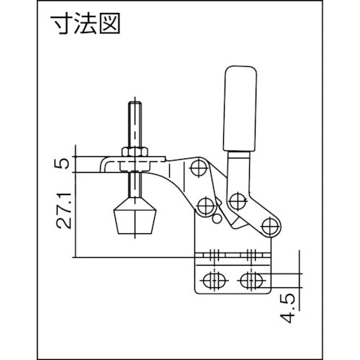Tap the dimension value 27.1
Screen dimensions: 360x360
click(x=65, y=209)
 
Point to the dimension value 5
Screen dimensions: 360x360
click(x=66, y=163)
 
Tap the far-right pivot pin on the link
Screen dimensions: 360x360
click(x=271, y=226)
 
